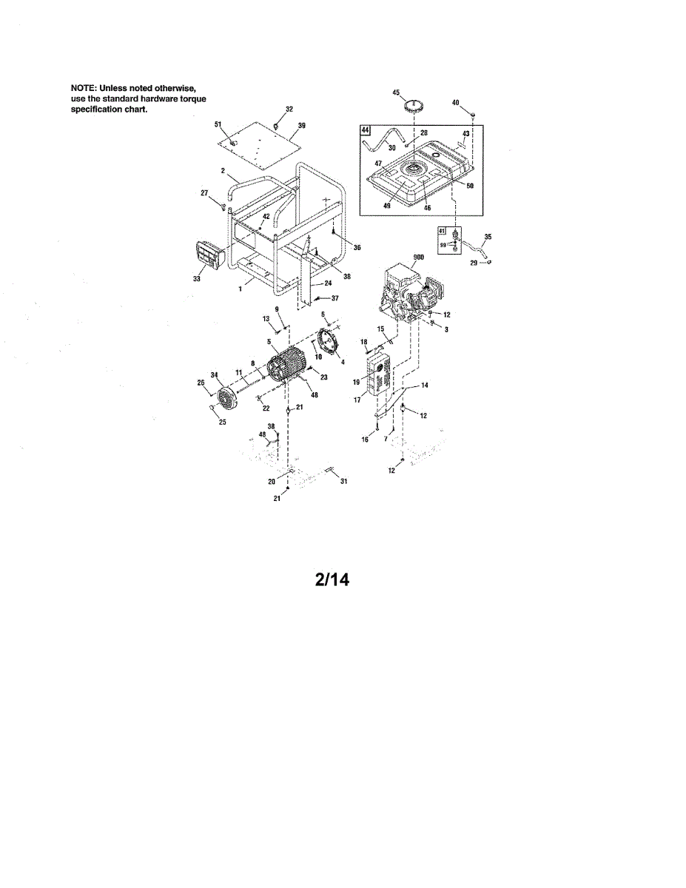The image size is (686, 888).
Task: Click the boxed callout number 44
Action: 365,131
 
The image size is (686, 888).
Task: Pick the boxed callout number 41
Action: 443,231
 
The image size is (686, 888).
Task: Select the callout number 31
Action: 343,482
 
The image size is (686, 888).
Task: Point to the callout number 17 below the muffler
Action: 357,399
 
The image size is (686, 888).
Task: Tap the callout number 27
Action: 204,193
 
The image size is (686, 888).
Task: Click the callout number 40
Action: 455,102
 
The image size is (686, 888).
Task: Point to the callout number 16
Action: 364,439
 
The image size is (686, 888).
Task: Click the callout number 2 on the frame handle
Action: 222,171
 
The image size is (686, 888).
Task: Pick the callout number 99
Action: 443,244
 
